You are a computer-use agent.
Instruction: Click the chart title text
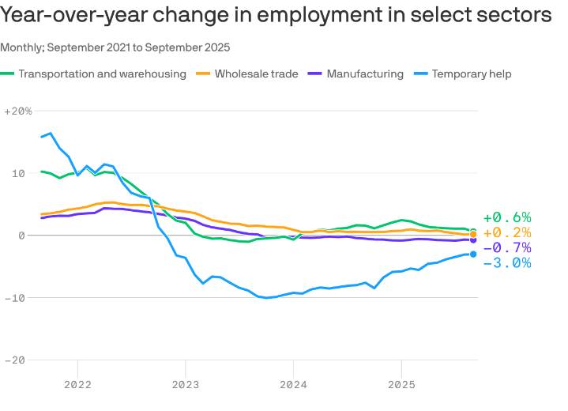276,15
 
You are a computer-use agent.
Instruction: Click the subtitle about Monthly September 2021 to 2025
115,47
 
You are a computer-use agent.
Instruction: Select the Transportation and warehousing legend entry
102,74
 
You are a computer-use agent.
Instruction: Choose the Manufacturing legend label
364,74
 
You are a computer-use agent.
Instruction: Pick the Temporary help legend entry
471,74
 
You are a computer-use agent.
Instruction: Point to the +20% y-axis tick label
17,111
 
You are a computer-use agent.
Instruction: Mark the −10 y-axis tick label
15,298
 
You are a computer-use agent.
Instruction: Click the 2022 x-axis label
77,385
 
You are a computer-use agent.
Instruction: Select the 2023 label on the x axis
186,385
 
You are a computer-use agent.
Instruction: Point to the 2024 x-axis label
293,385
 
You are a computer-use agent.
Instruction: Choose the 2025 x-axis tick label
401,385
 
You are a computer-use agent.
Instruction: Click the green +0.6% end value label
507,217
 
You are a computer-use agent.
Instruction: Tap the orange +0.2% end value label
507,232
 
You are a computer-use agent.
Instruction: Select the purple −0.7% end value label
507,247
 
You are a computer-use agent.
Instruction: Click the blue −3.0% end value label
507,262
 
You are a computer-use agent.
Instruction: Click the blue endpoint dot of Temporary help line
473,254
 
